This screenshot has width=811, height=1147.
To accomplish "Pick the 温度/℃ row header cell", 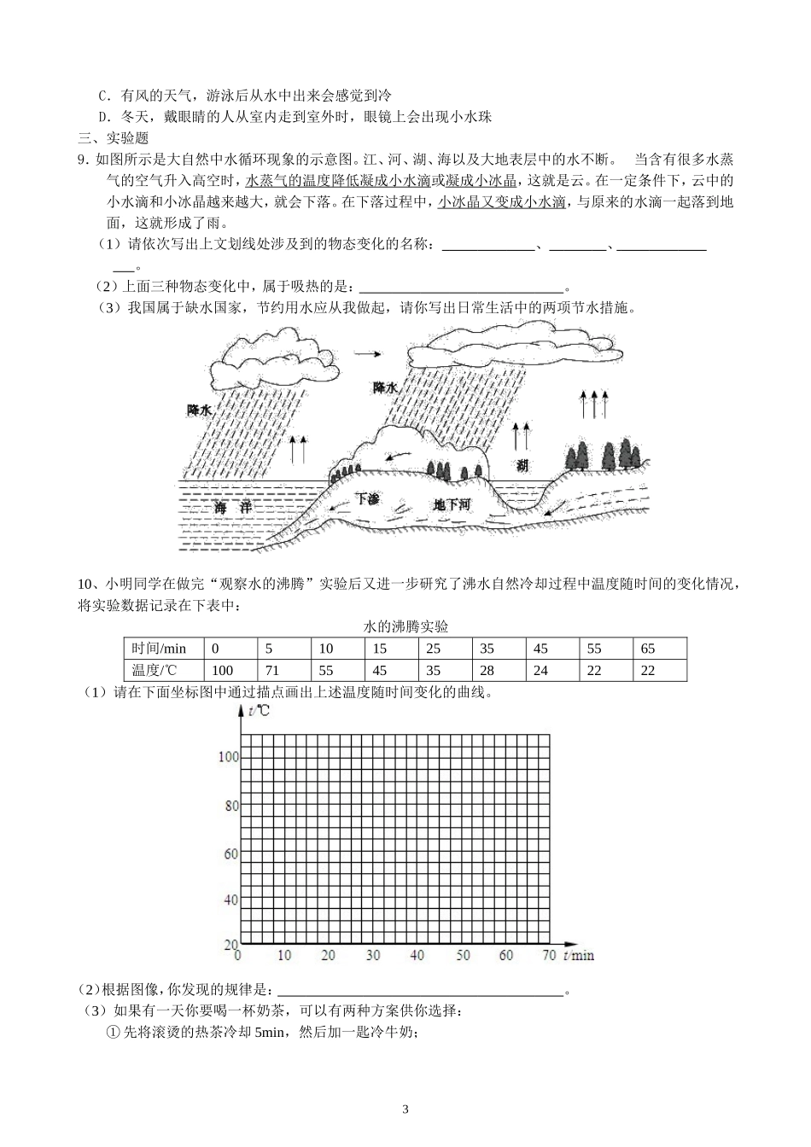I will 155,671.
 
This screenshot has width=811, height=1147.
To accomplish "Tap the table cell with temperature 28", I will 487,671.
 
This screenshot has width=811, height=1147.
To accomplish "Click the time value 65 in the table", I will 648,649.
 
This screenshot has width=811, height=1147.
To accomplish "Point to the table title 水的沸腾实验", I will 405,626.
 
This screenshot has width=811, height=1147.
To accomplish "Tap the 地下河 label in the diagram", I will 452,505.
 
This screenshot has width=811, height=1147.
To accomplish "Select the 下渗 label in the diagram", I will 367,498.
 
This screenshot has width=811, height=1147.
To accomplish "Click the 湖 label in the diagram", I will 522,465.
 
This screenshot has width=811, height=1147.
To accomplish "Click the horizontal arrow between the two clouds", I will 368,352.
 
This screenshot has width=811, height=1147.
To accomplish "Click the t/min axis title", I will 579,955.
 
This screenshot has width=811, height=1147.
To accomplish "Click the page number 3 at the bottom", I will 405,1109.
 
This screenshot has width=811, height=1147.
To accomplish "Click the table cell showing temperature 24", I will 540,671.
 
